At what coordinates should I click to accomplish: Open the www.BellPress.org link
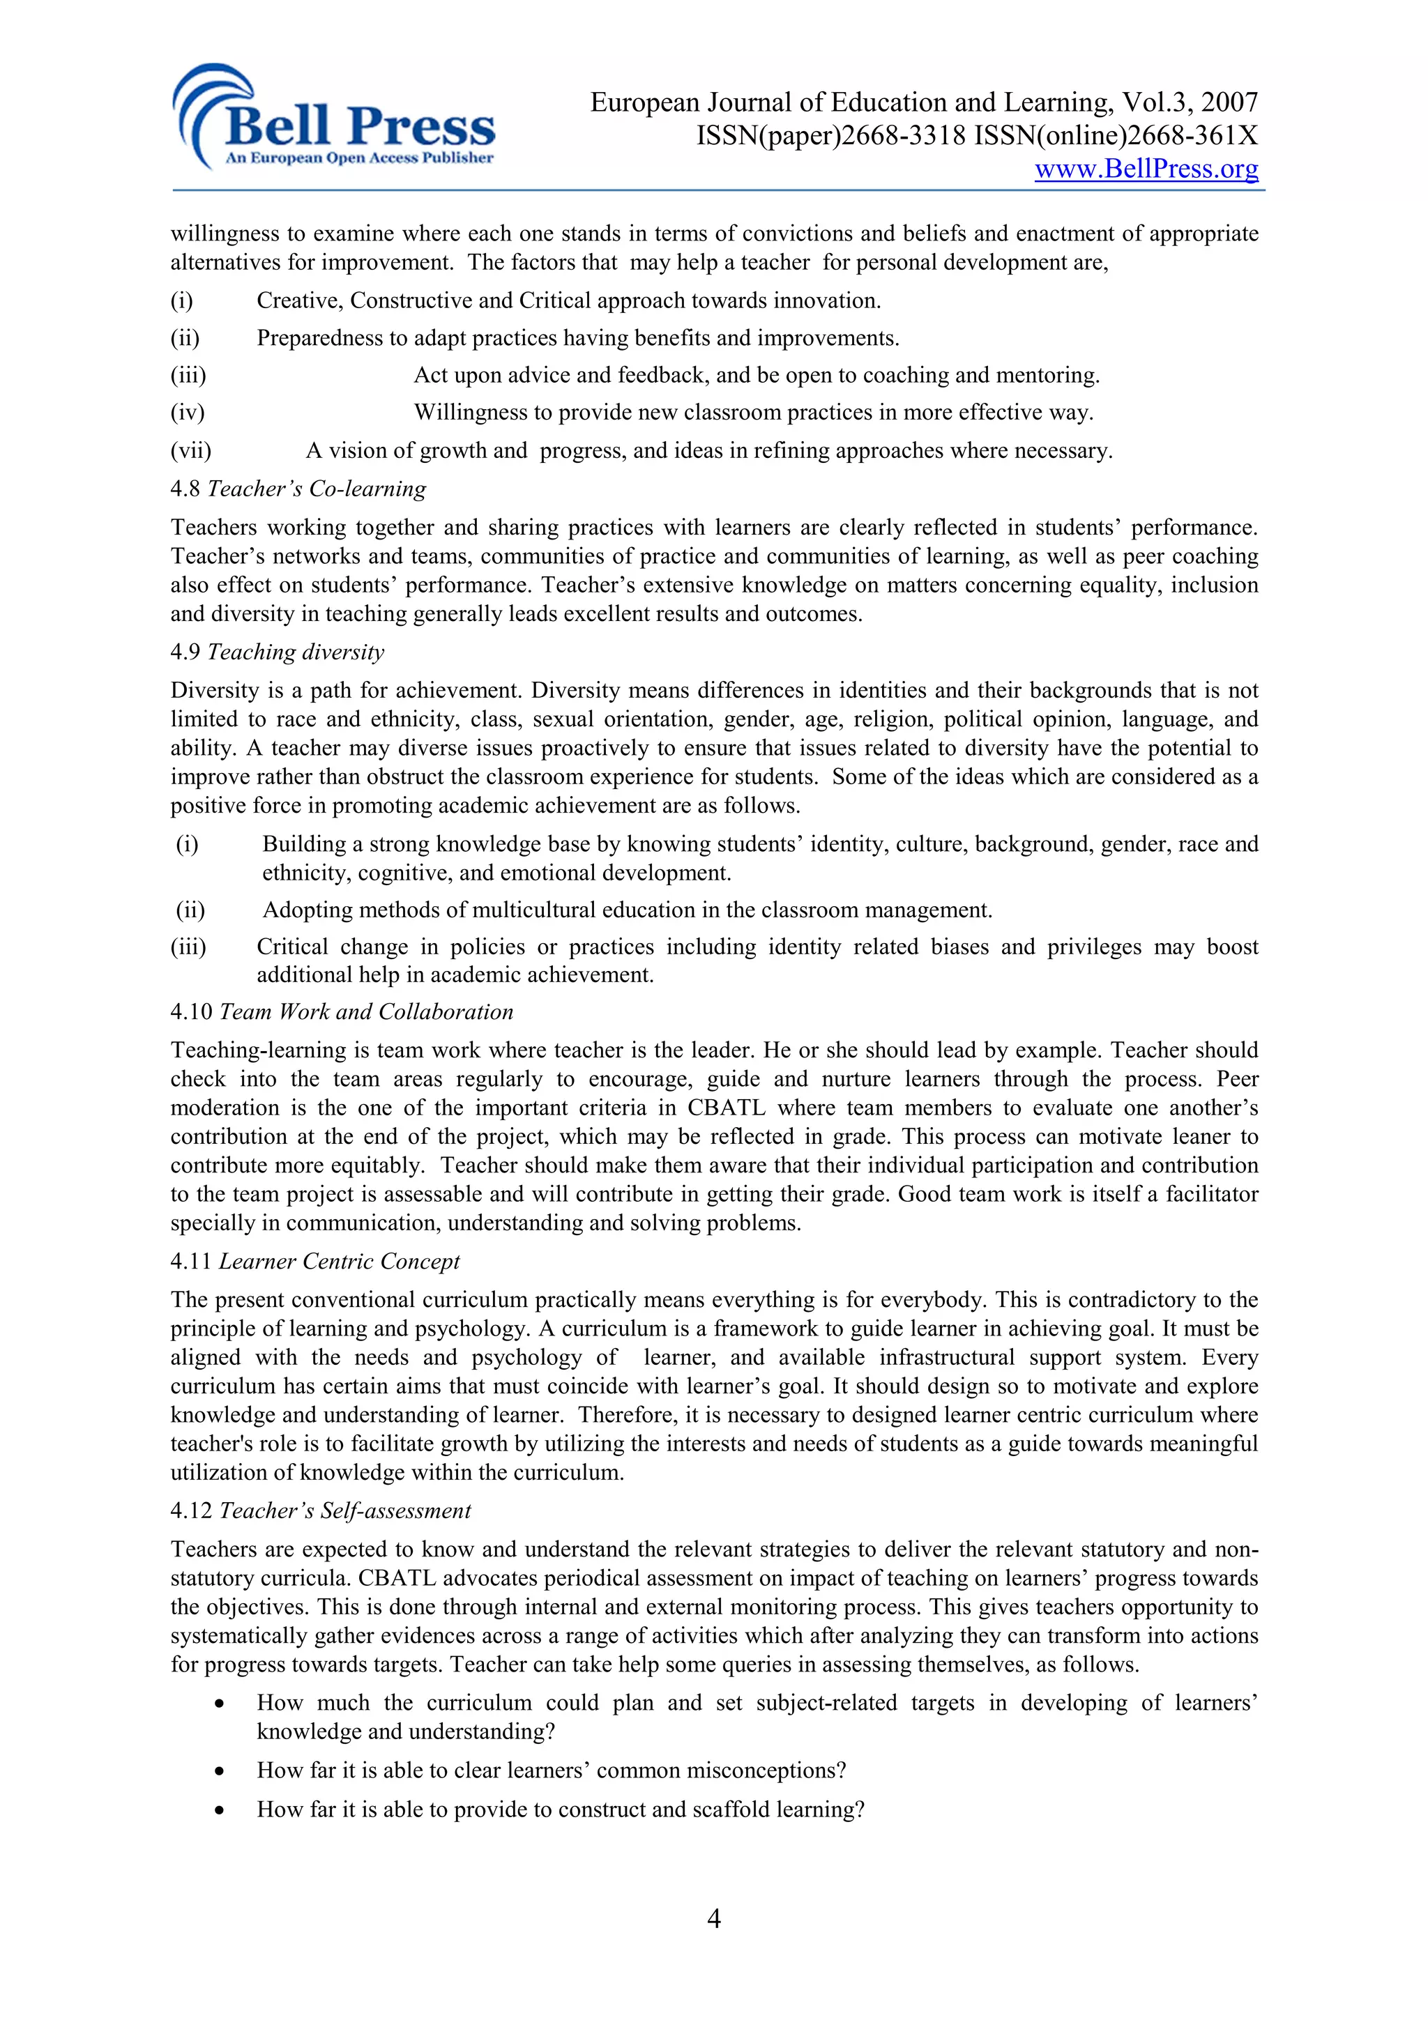click(1146, 168)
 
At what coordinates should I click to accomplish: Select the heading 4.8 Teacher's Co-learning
click(298, 489)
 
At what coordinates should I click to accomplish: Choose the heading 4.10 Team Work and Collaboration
click(342, 1012)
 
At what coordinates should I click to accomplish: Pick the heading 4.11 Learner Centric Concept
click(315, 1262)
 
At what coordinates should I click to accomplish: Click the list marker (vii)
click(191, 450)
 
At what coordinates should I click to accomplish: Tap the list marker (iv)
click(188, 413)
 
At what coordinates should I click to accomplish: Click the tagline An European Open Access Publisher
click(359, 158)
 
